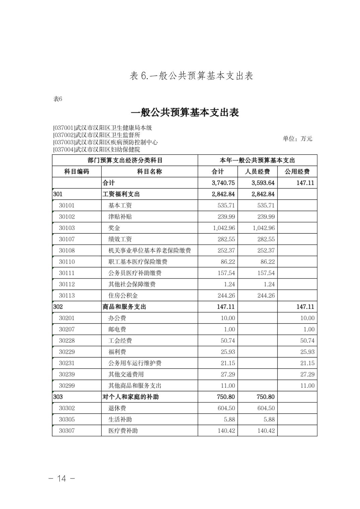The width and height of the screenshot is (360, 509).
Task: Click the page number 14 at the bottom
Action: coord(62,478)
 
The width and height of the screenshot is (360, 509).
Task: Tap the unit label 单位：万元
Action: coord(297,139)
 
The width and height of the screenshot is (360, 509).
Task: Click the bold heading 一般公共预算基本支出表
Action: coord(185,113)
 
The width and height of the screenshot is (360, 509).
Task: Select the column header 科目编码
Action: coord(76,171)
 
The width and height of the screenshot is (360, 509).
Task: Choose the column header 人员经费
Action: coord(257,171)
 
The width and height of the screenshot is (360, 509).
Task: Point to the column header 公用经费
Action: coord(297,171)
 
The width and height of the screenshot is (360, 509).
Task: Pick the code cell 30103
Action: coord(67,228)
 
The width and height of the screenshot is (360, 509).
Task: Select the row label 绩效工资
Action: coord(120,239)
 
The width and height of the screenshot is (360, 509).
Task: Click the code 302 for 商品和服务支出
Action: coord(58,307)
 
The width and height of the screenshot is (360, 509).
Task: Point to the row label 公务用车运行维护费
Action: coord(135,363)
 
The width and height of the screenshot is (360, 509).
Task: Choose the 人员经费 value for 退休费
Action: coord(266,408)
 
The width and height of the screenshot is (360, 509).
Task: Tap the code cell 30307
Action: coord(67,431)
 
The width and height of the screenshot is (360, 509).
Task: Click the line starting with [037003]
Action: coord(105,142)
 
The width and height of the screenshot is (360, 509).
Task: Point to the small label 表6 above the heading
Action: coord(58,99)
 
